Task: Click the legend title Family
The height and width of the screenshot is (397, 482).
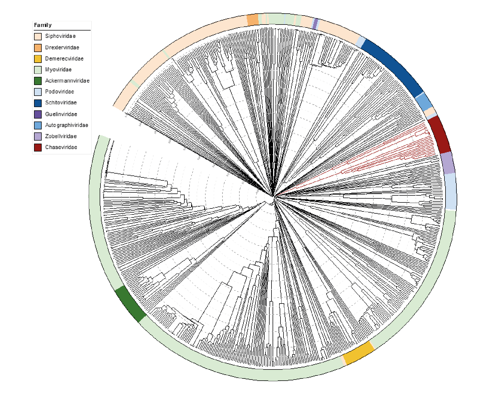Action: pyautogui.click(x=43, y=25)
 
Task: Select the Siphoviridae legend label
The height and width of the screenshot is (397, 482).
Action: pyautogui.click(x=60, y=36)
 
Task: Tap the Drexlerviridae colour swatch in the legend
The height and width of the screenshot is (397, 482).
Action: pyautogui.click(x=38, y=48)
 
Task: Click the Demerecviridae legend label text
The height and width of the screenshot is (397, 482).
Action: pyautogui.click(x=64, y=59)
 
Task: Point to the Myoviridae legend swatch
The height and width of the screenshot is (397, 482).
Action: pyautogui.click(x=38, y=70)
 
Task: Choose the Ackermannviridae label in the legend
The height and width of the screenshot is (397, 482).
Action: pyautogui.click(x=67, y=81)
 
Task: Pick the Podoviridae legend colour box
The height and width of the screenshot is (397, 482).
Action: pyautogui.click(x=38, y=92)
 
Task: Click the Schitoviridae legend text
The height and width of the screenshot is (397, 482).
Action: pyautogui.click(x=61, y=103)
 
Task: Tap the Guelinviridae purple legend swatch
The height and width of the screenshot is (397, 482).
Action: pyautogui.click(x=38, y=114)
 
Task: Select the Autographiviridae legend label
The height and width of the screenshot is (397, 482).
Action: pyautogui.click(x=66, y=125)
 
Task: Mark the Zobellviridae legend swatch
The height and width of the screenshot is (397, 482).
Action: pyautogui.click(x=38, y=136)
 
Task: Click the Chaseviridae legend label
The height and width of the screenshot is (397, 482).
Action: pyautogui.click(x=61, y=147)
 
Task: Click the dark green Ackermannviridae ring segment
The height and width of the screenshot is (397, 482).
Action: pyautogui.click(x=130, y=304)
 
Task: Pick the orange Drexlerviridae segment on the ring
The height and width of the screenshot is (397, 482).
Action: pyautogui.click(x=252, y=20)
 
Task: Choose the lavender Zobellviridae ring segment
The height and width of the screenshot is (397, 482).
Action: pyautogui.click(x=447, y=163)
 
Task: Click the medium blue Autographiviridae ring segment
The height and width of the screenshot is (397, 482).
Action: pyautogui.click(x=424, y=102)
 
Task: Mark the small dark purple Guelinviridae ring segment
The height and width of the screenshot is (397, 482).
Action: pyautogui.click(x=315, y=24)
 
